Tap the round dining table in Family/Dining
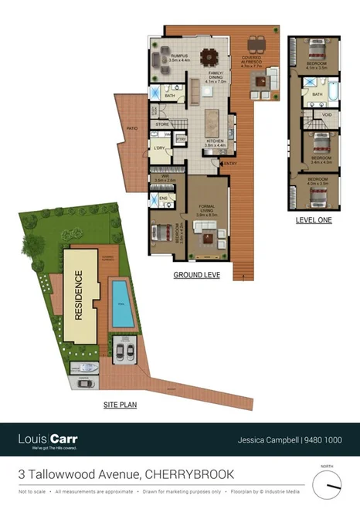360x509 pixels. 207,57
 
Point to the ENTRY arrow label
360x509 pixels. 230,164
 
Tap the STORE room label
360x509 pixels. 162,124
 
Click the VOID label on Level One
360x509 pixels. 328,115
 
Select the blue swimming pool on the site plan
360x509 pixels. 121,303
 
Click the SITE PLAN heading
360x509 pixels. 121,404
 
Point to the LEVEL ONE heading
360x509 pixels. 314,220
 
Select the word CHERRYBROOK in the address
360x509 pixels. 190,473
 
